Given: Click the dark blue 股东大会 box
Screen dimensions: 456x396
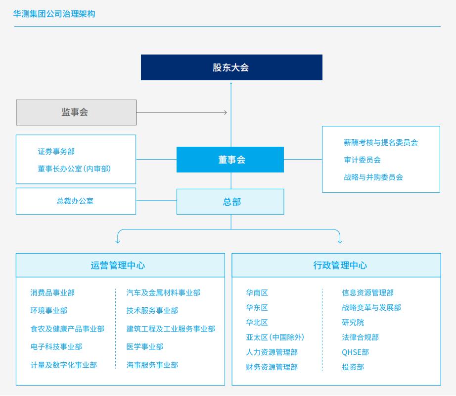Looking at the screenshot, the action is (231, 67).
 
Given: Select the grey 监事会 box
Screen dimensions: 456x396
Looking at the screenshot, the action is (76, 113).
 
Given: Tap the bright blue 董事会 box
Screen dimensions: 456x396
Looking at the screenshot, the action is (230, 160).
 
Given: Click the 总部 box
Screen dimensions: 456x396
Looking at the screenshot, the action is (230, 202).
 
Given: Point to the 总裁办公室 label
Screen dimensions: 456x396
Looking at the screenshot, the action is (75, 201).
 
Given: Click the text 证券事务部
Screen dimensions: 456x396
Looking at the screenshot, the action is (56, 152).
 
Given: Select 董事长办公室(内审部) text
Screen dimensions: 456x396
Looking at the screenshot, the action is (74, 169).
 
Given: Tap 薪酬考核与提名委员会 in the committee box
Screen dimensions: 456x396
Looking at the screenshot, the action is (381, 142).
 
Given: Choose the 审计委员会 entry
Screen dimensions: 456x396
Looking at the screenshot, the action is (363, 160).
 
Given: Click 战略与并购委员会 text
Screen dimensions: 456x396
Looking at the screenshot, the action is (373, 177).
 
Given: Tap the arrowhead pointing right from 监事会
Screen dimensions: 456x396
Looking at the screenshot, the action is (226, 113).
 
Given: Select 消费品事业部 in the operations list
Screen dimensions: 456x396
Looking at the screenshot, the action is (52, 292).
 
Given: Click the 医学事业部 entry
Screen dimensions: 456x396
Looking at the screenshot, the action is (144, 347).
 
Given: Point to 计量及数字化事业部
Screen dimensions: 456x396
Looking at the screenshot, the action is (63, 365).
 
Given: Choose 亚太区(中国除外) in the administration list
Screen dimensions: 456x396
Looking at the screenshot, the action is (275, 338).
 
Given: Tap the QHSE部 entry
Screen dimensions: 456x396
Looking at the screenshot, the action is (356, 352).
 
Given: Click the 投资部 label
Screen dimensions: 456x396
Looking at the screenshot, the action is (353, 367).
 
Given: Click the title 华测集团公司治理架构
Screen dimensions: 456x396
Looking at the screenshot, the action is (54, 14).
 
